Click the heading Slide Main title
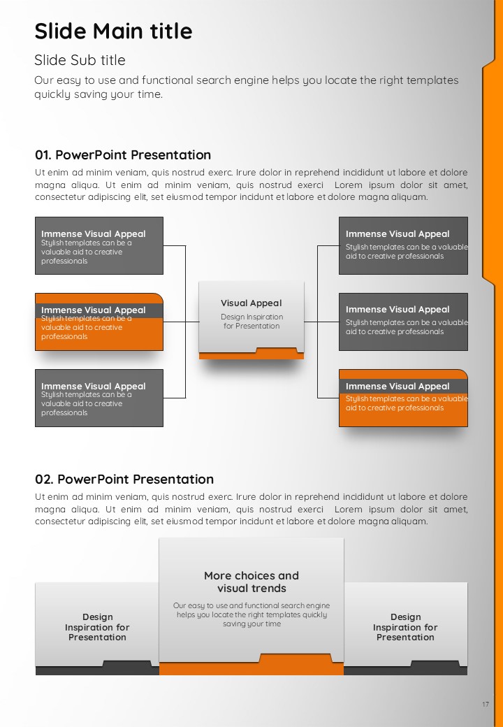(113, 31)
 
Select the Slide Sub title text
(80, 60)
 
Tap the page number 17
(486, 705)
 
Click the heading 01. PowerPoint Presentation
(123, 155)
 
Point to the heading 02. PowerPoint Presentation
(124, 479)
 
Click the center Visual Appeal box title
(251, 303)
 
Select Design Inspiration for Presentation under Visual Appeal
(251, 322)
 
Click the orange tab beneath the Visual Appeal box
(251, 355)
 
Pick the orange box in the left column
(99, 322)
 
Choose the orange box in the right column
(403, 398)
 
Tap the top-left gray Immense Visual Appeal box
(99, 246)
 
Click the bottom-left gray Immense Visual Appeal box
(99, 398)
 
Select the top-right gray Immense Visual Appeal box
(403, 246)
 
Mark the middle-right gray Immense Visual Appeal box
(403, 322)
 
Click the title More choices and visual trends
(251, 582)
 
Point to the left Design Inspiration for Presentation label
(97, 627)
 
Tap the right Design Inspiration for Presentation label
(405, 627)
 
